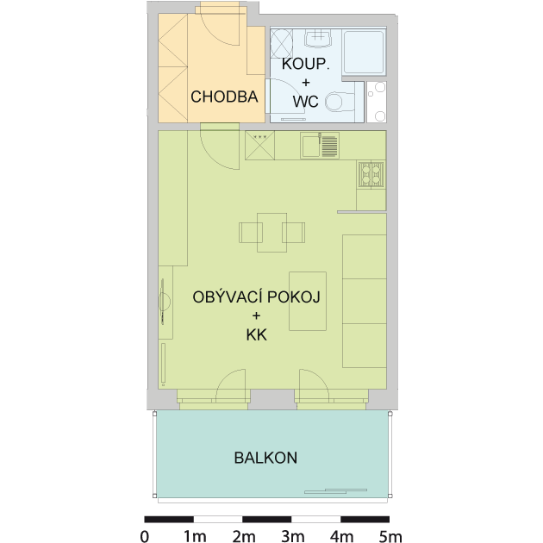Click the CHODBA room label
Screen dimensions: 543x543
pos(224,97)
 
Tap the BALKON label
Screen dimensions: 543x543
pos(265,458)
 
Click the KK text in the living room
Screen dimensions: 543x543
pos(257,335)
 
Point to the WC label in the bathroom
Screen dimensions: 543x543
pos(305,102)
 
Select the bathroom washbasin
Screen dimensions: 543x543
pos(318,38)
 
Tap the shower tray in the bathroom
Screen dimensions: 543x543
pos(364,52)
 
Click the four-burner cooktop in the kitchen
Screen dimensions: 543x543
pos(371,174)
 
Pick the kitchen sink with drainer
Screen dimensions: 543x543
pos(320,146)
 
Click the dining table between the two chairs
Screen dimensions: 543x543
pos(271,233)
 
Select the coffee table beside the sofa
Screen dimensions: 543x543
pos(308,302)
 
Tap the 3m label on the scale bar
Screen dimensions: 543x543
pos(293,536)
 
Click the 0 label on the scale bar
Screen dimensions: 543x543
pos(145,536)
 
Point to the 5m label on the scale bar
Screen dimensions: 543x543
pos(390,536)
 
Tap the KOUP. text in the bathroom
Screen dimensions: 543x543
pos(305,64)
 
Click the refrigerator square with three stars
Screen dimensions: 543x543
pos(259,146)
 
